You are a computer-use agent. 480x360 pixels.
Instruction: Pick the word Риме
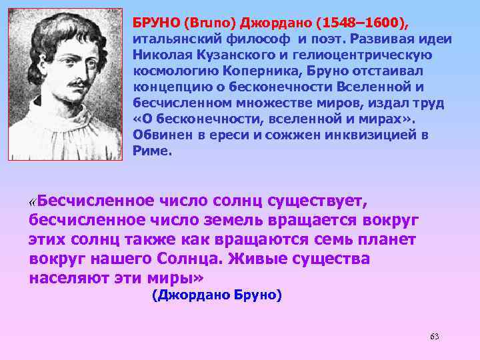[x=152, y=151]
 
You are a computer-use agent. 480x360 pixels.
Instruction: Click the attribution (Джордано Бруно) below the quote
[x=217, y=295]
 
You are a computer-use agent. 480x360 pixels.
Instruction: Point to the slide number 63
[x=434, y=336]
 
